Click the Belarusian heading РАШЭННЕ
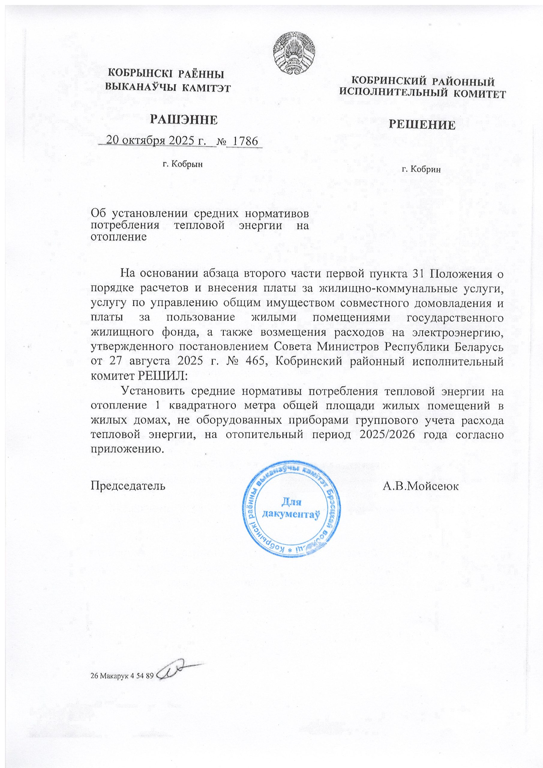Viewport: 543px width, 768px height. [x=183, y=119]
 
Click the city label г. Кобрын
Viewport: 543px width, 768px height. [x=183, y=164]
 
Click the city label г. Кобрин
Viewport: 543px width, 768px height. [x=421, y=169]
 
